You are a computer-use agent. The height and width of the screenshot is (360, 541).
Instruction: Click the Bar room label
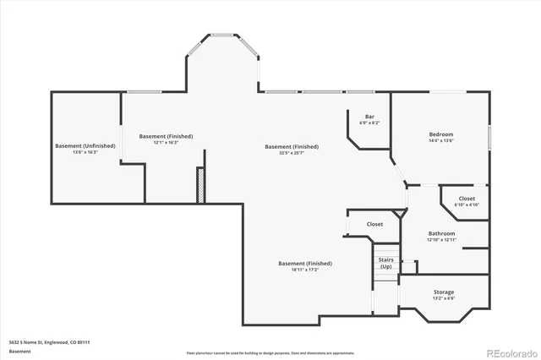369,117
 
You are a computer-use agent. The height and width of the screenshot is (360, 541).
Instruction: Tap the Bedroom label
440,134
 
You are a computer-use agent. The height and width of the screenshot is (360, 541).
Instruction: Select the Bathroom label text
441,233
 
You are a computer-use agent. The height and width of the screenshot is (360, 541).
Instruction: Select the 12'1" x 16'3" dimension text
166,143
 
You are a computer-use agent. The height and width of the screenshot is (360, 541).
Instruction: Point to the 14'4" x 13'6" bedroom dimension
440,141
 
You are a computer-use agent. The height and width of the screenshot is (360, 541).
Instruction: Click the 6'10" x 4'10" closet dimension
466,205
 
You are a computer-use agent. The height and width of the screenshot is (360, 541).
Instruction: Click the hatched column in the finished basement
200,185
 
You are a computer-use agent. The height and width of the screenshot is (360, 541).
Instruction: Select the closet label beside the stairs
374,224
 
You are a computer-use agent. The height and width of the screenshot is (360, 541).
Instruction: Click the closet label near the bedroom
467,199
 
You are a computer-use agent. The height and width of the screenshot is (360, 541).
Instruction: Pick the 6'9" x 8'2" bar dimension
369,123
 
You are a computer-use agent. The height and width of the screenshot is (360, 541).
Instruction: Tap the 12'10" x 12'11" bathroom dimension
441,240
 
